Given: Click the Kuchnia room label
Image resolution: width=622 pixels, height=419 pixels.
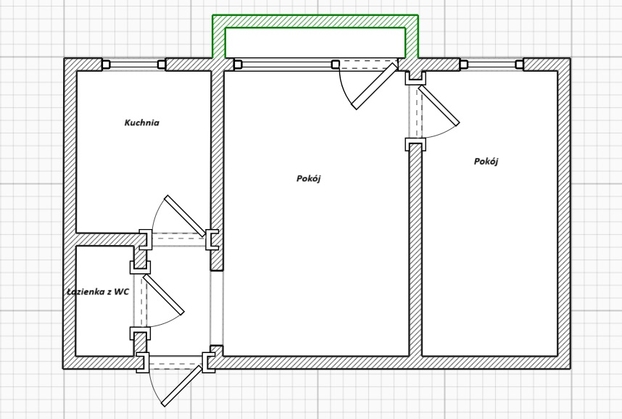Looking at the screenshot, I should click(141, 123).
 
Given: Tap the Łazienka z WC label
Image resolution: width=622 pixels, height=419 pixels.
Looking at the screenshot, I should click(98, 292).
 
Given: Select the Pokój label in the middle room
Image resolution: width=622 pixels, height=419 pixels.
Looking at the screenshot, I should click(308, 178).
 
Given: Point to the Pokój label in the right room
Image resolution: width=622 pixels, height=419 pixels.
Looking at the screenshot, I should click(486, 162).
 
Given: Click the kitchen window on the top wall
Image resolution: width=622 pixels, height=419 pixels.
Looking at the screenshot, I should click(135, 65).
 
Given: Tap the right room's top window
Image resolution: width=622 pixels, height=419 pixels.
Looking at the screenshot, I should click(492, 65).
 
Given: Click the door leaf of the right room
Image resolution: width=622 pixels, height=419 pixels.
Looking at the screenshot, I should click(439, 105).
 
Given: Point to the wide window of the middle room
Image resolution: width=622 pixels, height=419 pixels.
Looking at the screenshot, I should click(286, 65).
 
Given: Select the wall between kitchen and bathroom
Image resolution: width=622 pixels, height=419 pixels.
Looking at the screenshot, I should click(109, 239).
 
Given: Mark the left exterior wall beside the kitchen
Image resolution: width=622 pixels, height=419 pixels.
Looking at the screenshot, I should click(70, 145).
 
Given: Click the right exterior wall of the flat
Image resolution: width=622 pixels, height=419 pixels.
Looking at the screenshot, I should click(564, 217).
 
